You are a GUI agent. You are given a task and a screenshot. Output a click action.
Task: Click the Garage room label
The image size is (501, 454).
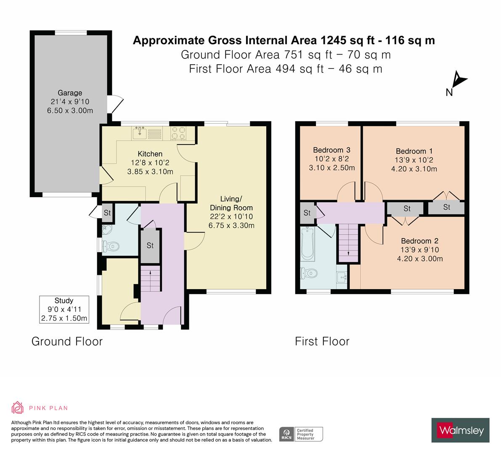tap(70, 93)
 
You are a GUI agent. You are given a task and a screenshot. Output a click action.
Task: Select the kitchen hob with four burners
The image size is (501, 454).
tap(178, 133)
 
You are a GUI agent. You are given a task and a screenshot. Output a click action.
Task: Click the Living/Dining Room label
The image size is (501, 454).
tap(231, 203)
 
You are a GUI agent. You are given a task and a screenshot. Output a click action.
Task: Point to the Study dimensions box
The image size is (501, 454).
tap(64, 309)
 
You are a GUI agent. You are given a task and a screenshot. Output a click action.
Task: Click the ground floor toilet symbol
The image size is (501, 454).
tap(111, 246)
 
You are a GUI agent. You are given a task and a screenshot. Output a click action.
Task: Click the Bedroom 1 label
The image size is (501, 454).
tap(414, 151)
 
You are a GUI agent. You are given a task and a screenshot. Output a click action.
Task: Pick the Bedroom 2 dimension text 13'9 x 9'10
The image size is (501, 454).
tap(419, 250)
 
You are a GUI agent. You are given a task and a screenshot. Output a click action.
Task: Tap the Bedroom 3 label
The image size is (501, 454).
tap(331, 150)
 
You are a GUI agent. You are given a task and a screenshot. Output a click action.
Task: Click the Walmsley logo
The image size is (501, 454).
tap(460, 430)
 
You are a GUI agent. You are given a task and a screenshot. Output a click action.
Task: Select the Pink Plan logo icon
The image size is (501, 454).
tap(18, 407)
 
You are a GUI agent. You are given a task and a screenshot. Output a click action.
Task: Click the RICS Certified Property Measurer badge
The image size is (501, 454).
tap(301, 434)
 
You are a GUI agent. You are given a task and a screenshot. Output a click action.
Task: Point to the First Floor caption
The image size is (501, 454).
tap(322, 341)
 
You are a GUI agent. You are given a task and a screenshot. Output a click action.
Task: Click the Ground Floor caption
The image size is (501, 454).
tap(67, 341)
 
